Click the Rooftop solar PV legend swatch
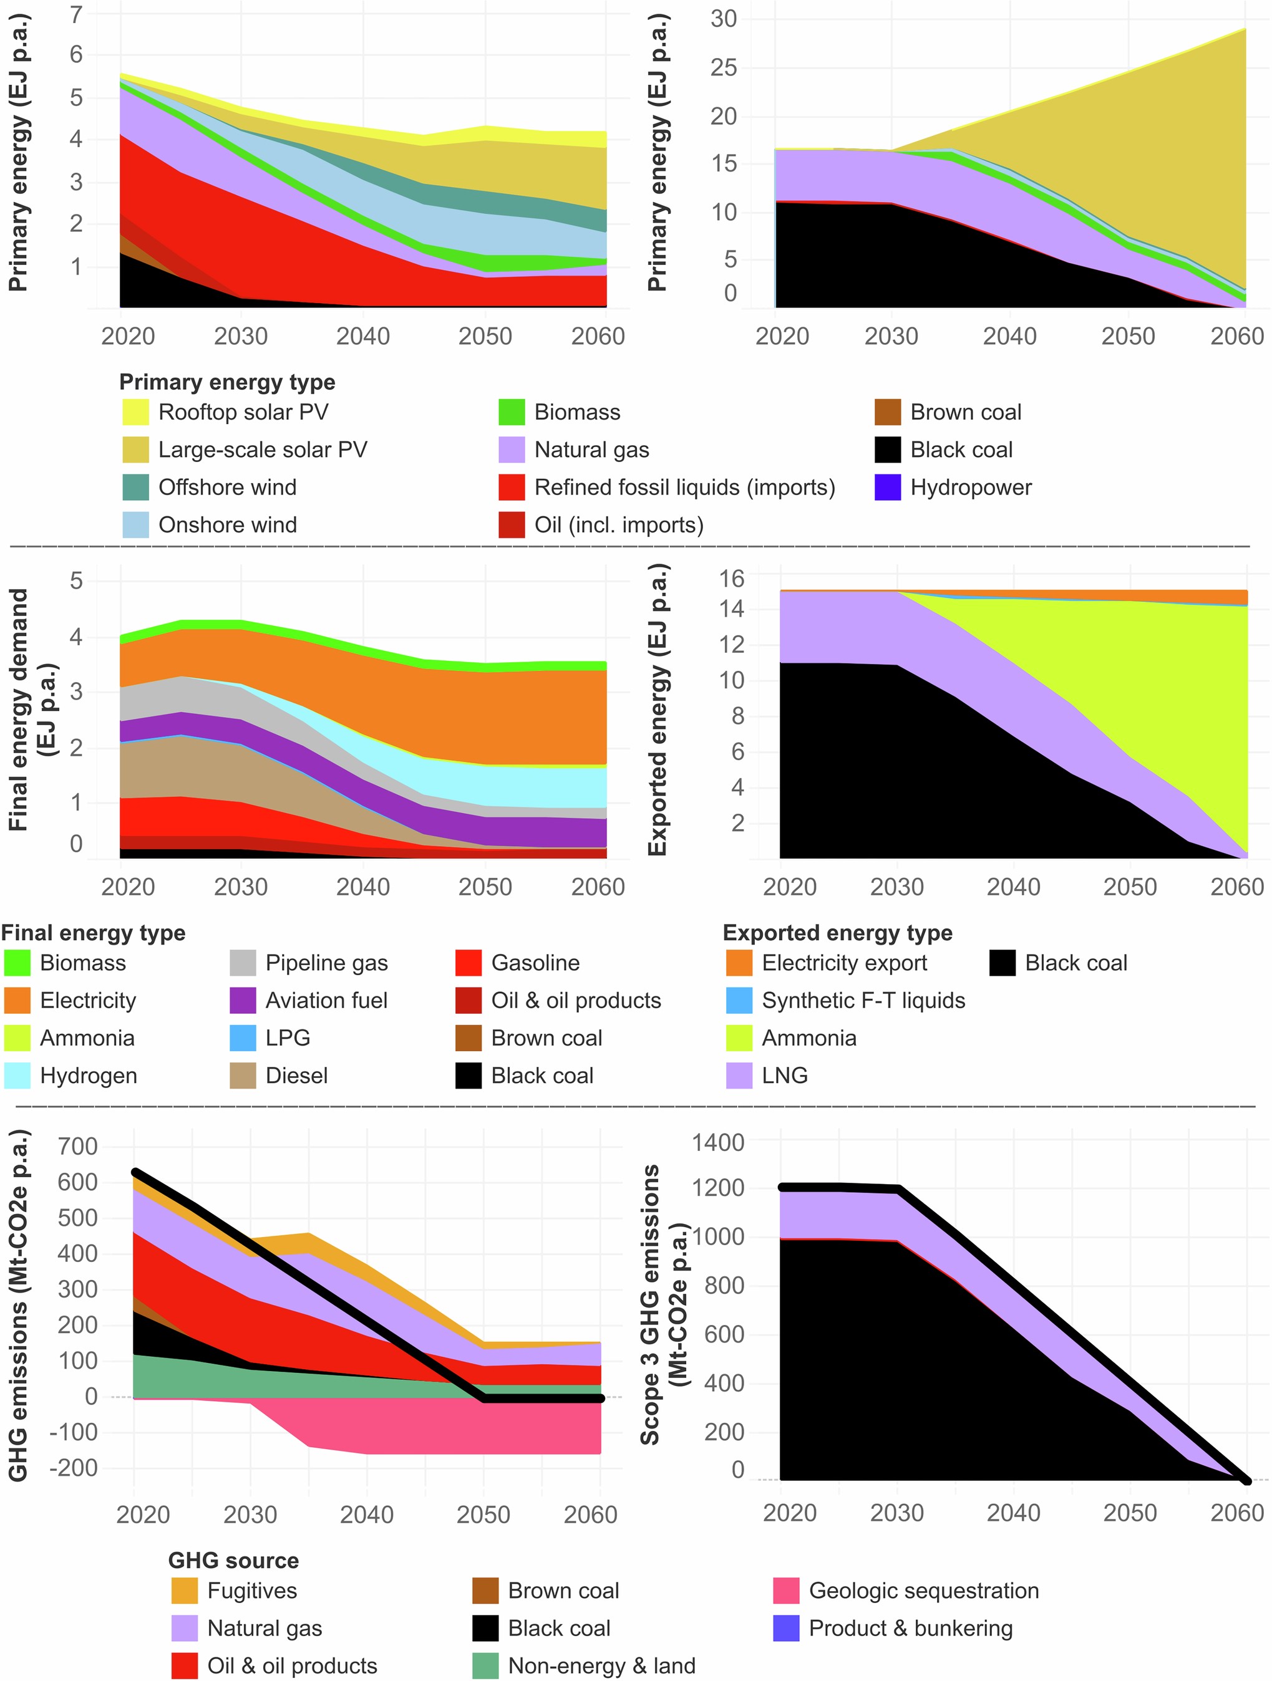pos(135,412)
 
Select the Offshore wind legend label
pos(227,487)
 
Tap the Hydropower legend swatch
pos(887,487)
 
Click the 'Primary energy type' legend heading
pos(226,382)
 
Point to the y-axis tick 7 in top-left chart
pos(76,14)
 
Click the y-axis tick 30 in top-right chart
pos(723,18)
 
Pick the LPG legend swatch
pos(243,1038)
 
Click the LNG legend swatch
pos(739,1076)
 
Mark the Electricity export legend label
pos(844,963)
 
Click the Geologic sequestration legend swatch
pos(785,1591)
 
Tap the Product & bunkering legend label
pos(910,1628)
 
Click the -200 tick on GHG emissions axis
pos(73,1468)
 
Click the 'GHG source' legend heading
pos(233,1560)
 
